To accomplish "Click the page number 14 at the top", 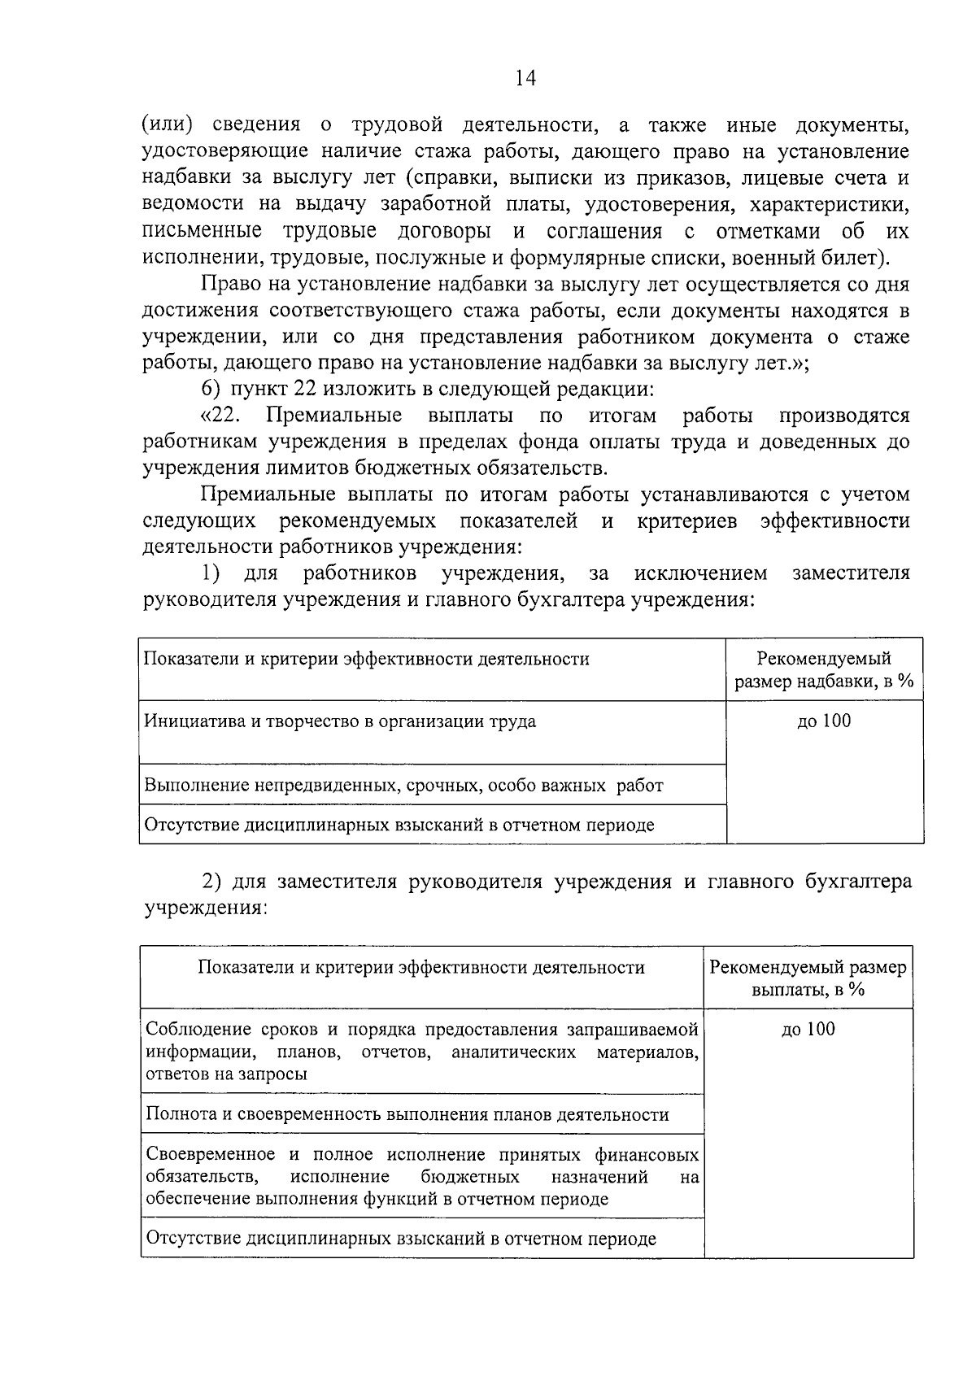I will point(525,78).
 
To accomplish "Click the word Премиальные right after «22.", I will point(333,416).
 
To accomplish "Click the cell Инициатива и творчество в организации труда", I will point(340,721).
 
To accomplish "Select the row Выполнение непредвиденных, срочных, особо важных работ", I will point(403,786).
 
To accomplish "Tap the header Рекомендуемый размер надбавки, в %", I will point(824,669).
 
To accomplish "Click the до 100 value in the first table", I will point(824,721).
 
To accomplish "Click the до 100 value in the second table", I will point(808,1029).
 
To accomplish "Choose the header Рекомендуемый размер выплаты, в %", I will point(808,978).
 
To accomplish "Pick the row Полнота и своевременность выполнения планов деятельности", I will point(407,1114).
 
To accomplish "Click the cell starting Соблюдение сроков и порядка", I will point(421,1052).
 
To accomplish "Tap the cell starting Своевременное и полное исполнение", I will point(421,1176).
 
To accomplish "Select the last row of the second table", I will point(400,1239).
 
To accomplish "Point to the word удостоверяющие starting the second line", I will point(224,152).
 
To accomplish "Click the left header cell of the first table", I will point(366,660).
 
